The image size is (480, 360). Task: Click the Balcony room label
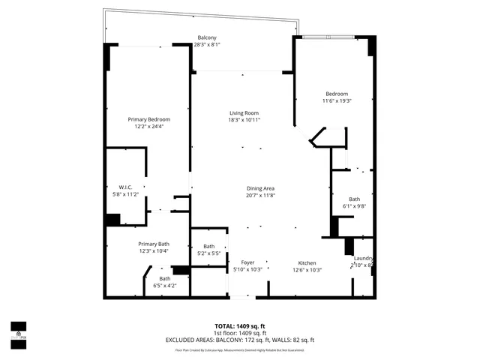pos(207,37)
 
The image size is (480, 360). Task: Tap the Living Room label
pos(244,112)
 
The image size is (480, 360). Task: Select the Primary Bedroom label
pos(148,119)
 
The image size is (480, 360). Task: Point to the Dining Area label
pos(261,188)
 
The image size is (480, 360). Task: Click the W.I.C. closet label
pos(125,187)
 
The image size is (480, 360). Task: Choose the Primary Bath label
pos(153,244)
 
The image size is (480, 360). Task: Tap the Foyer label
pos(247,262)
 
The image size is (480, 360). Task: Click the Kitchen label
pos(307,262)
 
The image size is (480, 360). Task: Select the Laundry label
pos(363,259)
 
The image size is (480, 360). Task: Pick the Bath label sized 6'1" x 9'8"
pos(354,199)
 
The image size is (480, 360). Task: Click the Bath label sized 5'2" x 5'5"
pos(208,246)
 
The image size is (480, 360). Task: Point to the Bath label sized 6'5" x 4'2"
pos(164,278)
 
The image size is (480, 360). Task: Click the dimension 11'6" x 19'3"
pos(337,100)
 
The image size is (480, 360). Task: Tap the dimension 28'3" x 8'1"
pos(207,45)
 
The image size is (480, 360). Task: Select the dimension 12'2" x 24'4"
pos(148,127)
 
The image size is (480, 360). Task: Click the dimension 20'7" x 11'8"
pos(261,196)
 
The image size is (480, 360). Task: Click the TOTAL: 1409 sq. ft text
pos(240,326)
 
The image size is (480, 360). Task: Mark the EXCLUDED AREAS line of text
pos(240,340)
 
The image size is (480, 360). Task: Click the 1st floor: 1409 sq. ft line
pos(240,333)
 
